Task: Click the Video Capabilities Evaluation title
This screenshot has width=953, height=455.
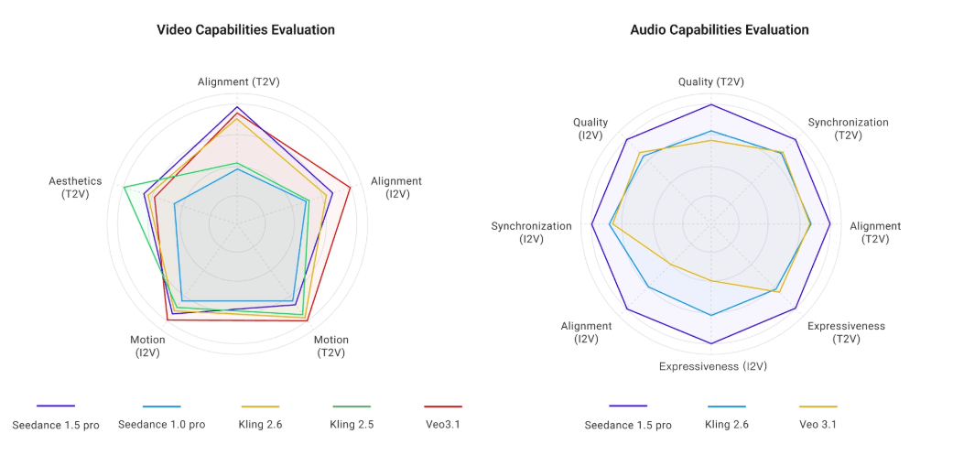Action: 246,30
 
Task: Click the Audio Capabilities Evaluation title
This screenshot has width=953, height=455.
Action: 720,30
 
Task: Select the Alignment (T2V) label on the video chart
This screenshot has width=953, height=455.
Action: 238,82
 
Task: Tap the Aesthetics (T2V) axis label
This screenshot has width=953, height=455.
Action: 75,188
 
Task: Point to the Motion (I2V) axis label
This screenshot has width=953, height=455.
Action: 147,346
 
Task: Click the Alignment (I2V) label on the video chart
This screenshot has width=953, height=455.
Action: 396,188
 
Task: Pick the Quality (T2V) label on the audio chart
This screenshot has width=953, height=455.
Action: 710,82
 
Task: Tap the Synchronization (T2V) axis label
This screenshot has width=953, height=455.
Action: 848,128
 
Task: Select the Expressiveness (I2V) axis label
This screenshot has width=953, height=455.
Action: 712,366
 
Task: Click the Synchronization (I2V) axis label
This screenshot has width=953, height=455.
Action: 531,233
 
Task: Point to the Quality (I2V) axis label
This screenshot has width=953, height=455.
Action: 590,128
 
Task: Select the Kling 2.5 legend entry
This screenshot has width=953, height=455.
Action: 352,424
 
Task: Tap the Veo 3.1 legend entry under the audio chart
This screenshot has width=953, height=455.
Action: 818,424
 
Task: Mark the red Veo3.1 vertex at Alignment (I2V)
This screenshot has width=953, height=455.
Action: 350,188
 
